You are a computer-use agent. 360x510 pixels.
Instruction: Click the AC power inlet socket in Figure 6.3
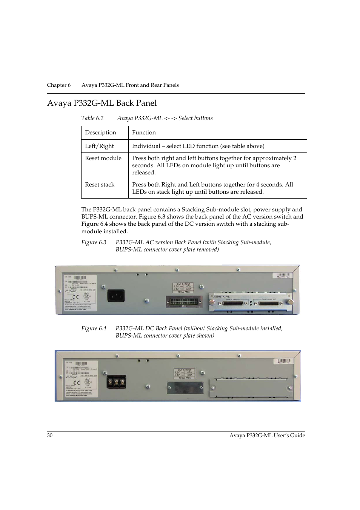(116, 295)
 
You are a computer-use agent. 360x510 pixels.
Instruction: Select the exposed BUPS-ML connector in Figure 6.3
(183, 302)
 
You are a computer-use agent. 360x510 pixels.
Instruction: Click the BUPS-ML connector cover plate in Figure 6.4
(185, 387)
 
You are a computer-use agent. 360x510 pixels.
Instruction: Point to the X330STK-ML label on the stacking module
(222, 297)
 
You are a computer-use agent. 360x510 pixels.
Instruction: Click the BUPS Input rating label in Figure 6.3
(183, 288)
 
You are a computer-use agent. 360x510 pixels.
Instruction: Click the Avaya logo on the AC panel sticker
(71, 291)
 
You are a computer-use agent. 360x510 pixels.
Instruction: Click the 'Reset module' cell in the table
(103, 158)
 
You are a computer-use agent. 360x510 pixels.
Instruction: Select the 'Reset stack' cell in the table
(100, 185)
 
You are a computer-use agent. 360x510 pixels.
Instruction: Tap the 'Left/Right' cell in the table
(99, 146)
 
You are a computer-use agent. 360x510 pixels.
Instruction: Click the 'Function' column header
(144, 133)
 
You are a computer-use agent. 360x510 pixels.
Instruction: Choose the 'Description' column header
(100, 133)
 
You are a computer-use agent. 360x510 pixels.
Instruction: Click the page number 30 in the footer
(50, 435)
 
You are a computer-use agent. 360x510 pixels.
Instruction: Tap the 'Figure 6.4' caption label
(94, 328)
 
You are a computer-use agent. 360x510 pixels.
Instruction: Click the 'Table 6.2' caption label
(92, 118)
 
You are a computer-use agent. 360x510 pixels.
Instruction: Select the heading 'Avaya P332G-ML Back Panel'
(102, 103)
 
